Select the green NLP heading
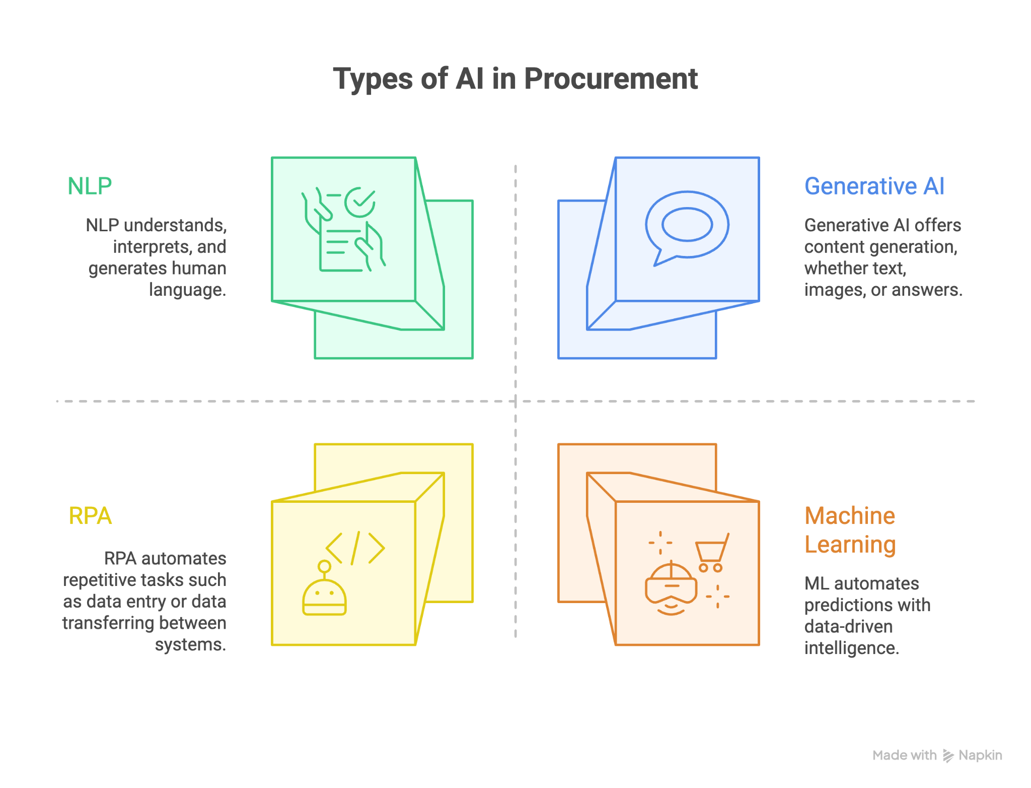point(90,186)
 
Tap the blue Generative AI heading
point(874,186)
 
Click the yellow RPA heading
point(90,516)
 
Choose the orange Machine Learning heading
point(850,530)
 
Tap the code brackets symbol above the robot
point(355,548)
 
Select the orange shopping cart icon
point(712,553)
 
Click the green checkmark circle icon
point(359,203)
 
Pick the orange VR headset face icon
point(671,588)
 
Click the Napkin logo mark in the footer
point(948,756)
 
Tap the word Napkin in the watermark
point(980,755)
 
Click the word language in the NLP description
point(187,290)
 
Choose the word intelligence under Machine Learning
point(852,648)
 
